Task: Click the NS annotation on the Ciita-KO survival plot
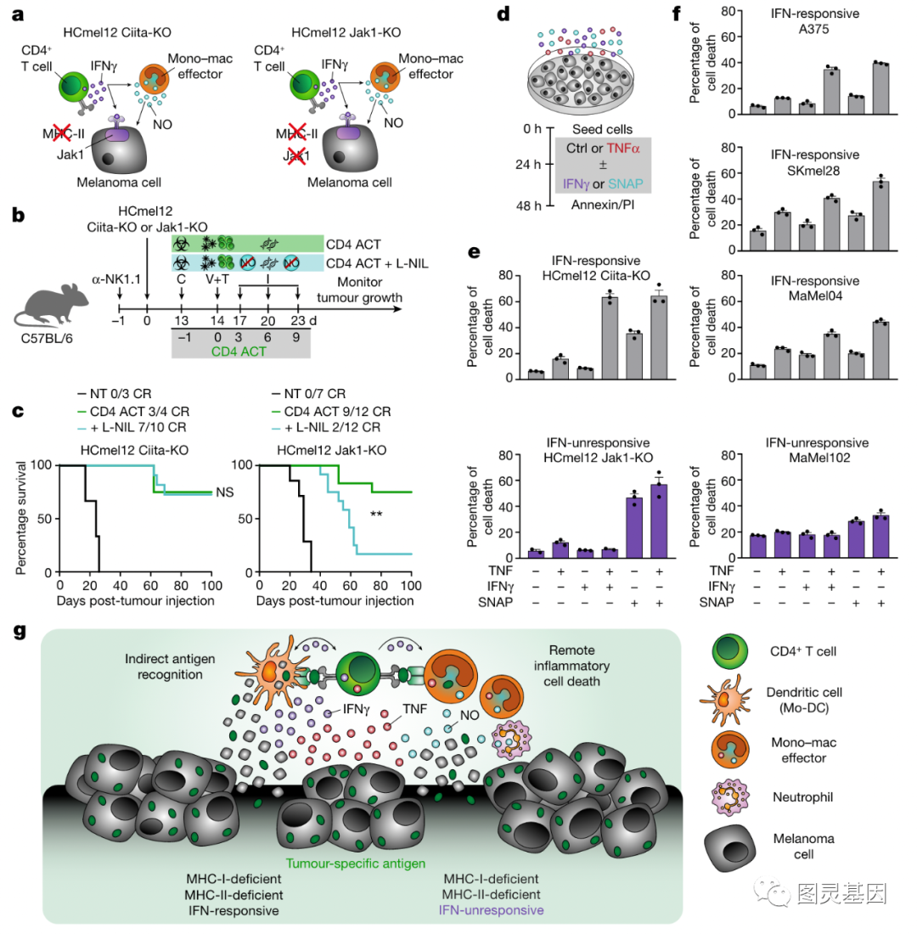[224, 492]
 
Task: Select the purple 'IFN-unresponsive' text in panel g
[492, 909]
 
